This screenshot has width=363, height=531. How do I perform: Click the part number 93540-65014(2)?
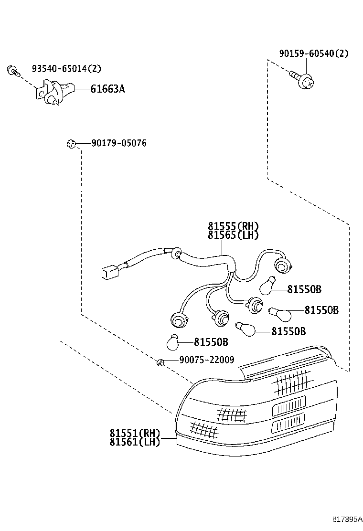pyautogui.click(x=66, y=69)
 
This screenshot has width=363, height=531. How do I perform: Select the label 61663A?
pyautogui.click(x=107, y=89)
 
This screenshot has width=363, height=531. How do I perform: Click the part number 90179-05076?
pyautogui.click(x=113, y=143)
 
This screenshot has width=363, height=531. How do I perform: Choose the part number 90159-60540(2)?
pyautogui.click(x=313, y=53)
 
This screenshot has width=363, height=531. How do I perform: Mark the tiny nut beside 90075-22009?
pyautogui.click(x=161, y=363)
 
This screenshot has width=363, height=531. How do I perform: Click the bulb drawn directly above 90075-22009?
pyautogui.click(x=173, y=342)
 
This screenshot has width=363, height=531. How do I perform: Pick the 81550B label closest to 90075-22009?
pyautogui.click(x=211, y=342)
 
